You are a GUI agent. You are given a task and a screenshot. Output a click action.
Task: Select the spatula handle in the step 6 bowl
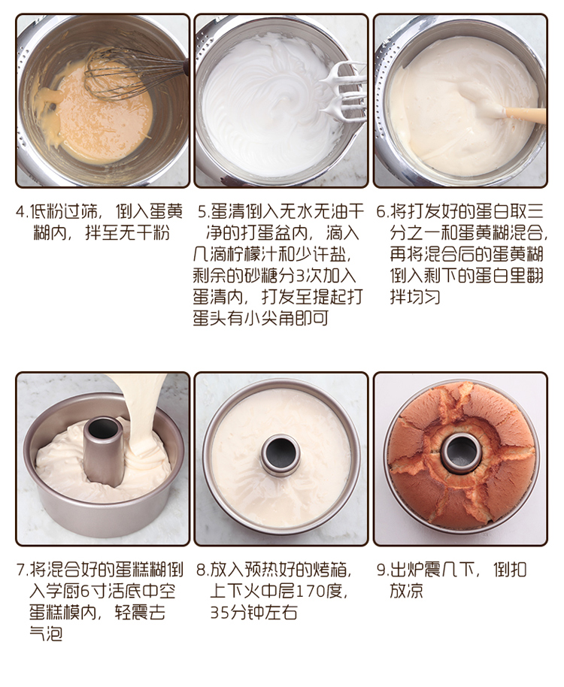click(x=525, y=115)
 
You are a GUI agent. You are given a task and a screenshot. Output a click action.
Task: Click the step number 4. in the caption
click(x=22, y=212)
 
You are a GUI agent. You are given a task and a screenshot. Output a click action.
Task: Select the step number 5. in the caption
click(x=204, y=212)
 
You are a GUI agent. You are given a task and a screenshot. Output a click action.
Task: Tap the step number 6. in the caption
click(x=383, y=212)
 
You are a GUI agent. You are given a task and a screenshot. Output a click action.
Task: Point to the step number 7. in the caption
click(x=22, y=570)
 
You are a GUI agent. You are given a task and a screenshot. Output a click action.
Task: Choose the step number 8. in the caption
click(x=202, y=570)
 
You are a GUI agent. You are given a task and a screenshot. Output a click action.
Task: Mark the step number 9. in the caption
click(x=383, y=570)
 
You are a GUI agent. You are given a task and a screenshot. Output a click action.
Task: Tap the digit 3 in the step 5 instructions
click(x=301, y=276)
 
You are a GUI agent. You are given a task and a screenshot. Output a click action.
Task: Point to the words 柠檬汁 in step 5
click(x=253, y=255)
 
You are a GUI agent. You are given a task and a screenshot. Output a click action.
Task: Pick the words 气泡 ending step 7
click(x=46, y=634)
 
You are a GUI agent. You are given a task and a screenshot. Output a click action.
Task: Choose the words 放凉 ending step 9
click(x=407, y=591)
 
